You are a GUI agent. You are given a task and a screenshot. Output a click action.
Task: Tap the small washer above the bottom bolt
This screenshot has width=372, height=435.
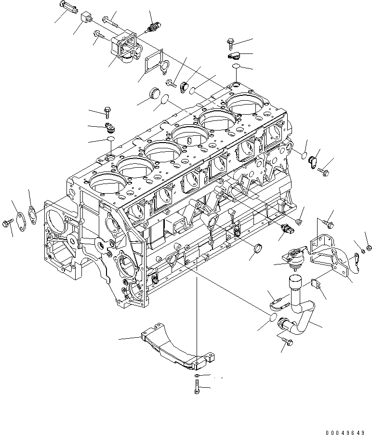click(197, 375)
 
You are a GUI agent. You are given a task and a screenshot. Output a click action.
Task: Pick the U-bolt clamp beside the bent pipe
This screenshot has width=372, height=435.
click(278, 303)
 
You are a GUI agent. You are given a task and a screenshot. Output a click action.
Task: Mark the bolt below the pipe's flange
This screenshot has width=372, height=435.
click(287, 342)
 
